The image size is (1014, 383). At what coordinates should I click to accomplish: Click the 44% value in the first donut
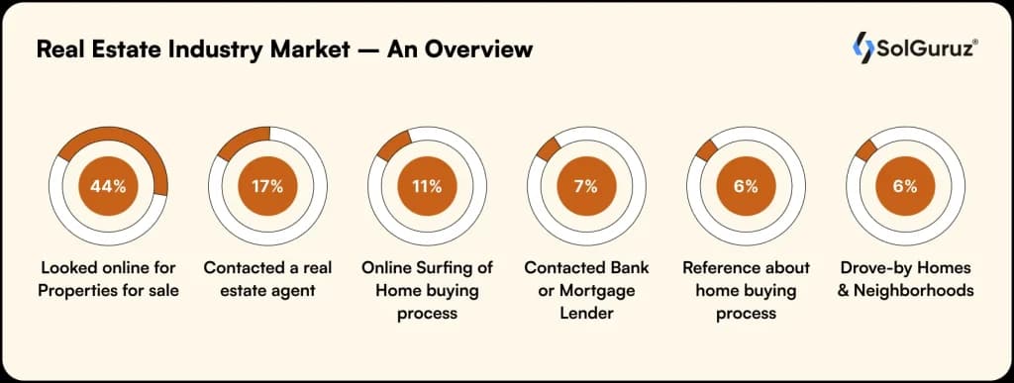click(109, 186)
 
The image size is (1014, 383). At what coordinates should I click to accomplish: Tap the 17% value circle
click(267, 186)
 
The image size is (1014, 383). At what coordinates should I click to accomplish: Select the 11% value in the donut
click(427, 186)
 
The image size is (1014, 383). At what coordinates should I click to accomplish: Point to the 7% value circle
click(585, 186)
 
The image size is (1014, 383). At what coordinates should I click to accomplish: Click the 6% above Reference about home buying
click(746, 186)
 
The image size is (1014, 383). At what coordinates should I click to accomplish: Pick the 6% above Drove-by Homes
click(904, 186)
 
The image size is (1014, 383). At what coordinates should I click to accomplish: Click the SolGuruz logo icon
click(863, 47)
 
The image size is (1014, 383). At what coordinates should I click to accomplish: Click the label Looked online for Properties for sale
click(109, 279)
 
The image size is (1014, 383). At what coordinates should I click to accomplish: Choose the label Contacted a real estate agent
click(267, 279)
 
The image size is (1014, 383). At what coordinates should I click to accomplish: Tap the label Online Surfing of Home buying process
click(427, 290)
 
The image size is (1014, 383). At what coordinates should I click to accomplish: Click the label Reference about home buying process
click(746, 290)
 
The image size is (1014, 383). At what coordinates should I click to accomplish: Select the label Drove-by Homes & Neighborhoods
click(904, 279)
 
